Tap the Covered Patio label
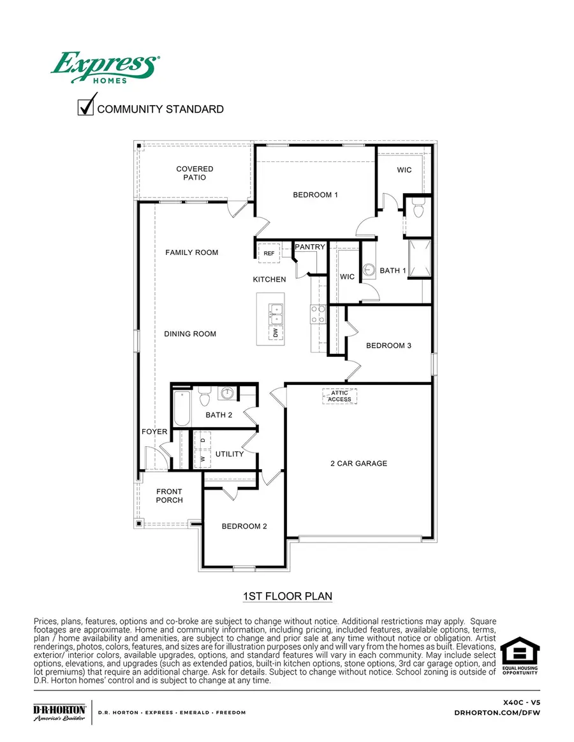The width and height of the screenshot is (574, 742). [x=195, y=173]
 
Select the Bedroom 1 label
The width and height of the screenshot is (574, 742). [x=315, y=194]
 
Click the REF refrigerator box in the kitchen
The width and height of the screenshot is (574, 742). [x=269, y=254]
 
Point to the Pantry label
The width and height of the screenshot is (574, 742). [x=310, y=247]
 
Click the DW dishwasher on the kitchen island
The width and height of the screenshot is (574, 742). [x=276, y=332]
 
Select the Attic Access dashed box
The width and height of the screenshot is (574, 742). [x=339, y=396]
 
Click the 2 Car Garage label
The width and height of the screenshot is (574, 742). [x=358, y=463]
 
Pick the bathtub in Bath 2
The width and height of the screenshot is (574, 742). [x=182, y=408]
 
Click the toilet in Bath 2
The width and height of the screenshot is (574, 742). [x=205, y=397]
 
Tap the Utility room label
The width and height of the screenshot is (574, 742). [x=230, y=454]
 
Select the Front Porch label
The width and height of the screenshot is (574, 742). [x=170, y=495]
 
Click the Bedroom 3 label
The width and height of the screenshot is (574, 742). [x=388, y=346]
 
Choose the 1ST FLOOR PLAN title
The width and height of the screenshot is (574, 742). [x=287, y=597]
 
